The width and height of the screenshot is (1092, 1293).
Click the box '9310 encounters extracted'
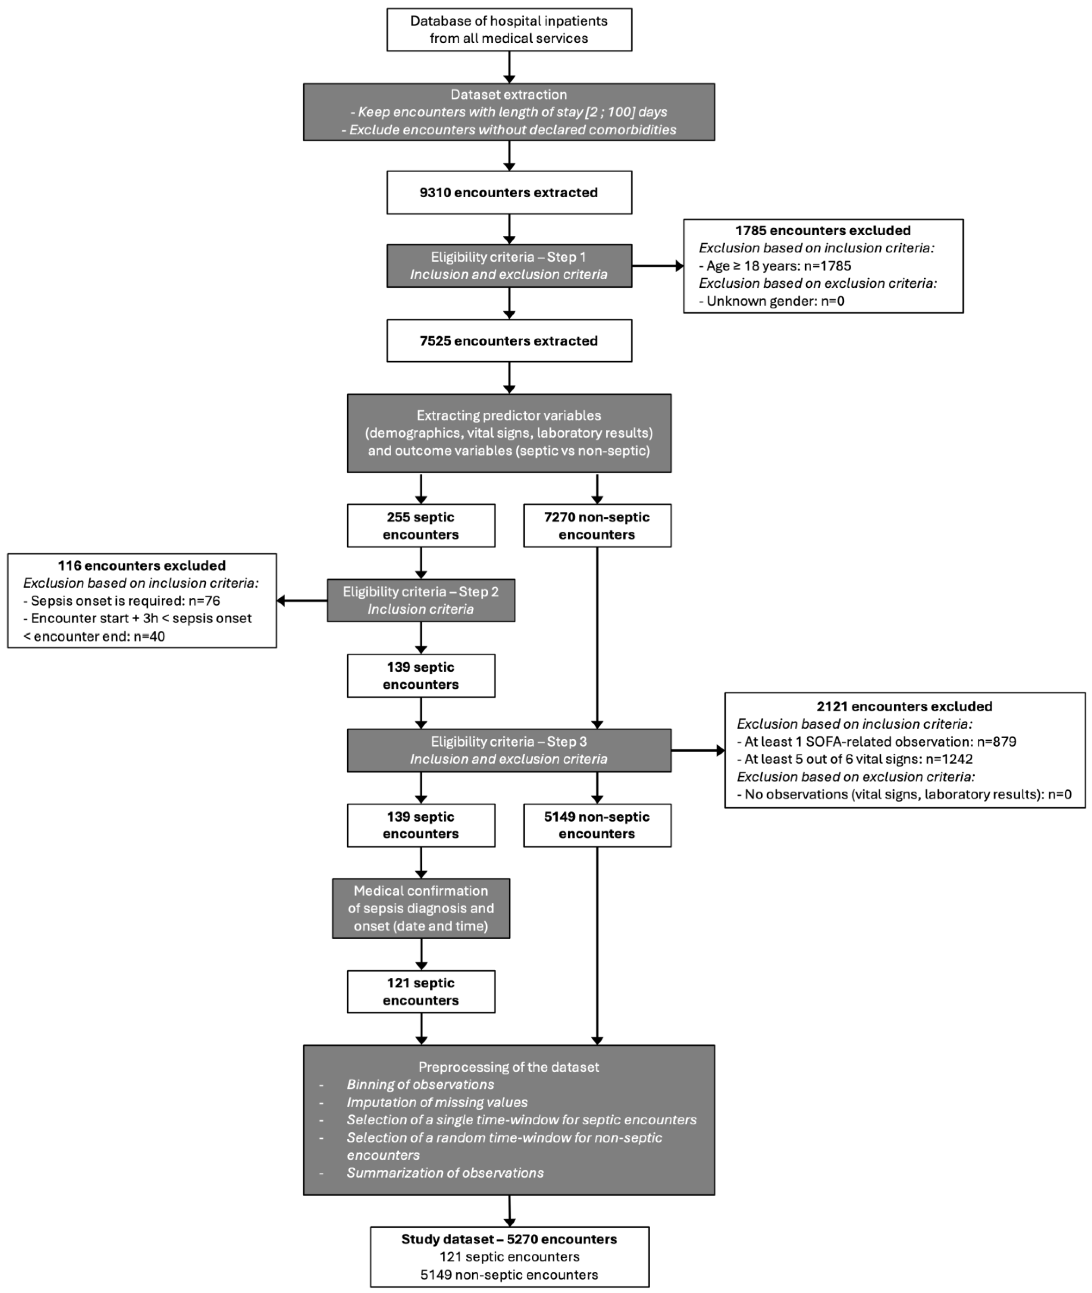(x=509, y=192)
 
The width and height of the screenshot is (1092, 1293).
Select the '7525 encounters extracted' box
(x=509, y=340)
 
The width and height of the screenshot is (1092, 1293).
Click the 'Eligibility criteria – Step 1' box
(x=509, y=266)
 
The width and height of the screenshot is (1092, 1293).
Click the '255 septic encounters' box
(x=421, y=526)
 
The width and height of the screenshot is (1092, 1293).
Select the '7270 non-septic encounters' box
(x=597, y=526)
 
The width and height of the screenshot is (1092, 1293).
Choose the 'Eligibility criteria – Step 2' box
(x=421, y=600)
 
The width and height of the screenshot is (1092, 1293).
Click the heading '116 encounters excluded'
(x=142, y=565)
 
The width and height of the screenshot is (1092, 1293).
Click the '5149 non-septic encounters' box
(x=597, y=825)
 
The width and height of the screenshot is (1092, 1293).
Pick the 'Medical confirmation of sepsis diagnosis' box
(x=421, y=908)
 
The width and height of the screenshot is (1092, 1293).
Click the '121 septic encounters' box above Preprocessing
(x=421, y=991)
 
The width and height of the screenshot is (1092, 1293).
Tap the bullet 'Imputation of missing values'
(x=437, y=1102)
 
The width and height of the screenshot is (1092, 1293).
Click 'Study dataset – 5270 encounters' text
(x=509, y=1239)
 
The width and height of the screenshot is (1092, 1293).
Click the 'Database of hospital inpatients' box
(x=509, y=29)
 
